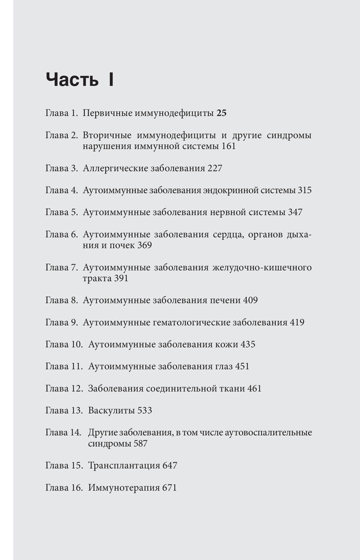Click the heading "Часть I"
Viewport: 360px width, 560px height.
point(80,80)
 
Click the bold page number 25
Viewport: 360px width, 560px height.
point(221,113)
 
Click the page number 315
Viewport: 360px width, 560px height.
point(304,190)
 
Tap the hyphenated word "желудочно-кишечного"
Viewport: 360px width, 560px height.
point(262,267)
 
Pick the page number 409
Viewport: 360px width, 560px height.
point(250,300)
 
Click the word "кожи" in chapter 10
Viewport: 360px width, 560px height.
point(225,344)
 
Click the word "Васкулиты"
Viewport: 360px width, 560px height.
point(111,410)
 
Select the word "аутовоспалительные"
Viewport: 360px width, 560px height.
point(268,432)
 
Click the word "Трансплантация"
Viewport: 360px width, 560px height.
point(124,465)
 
